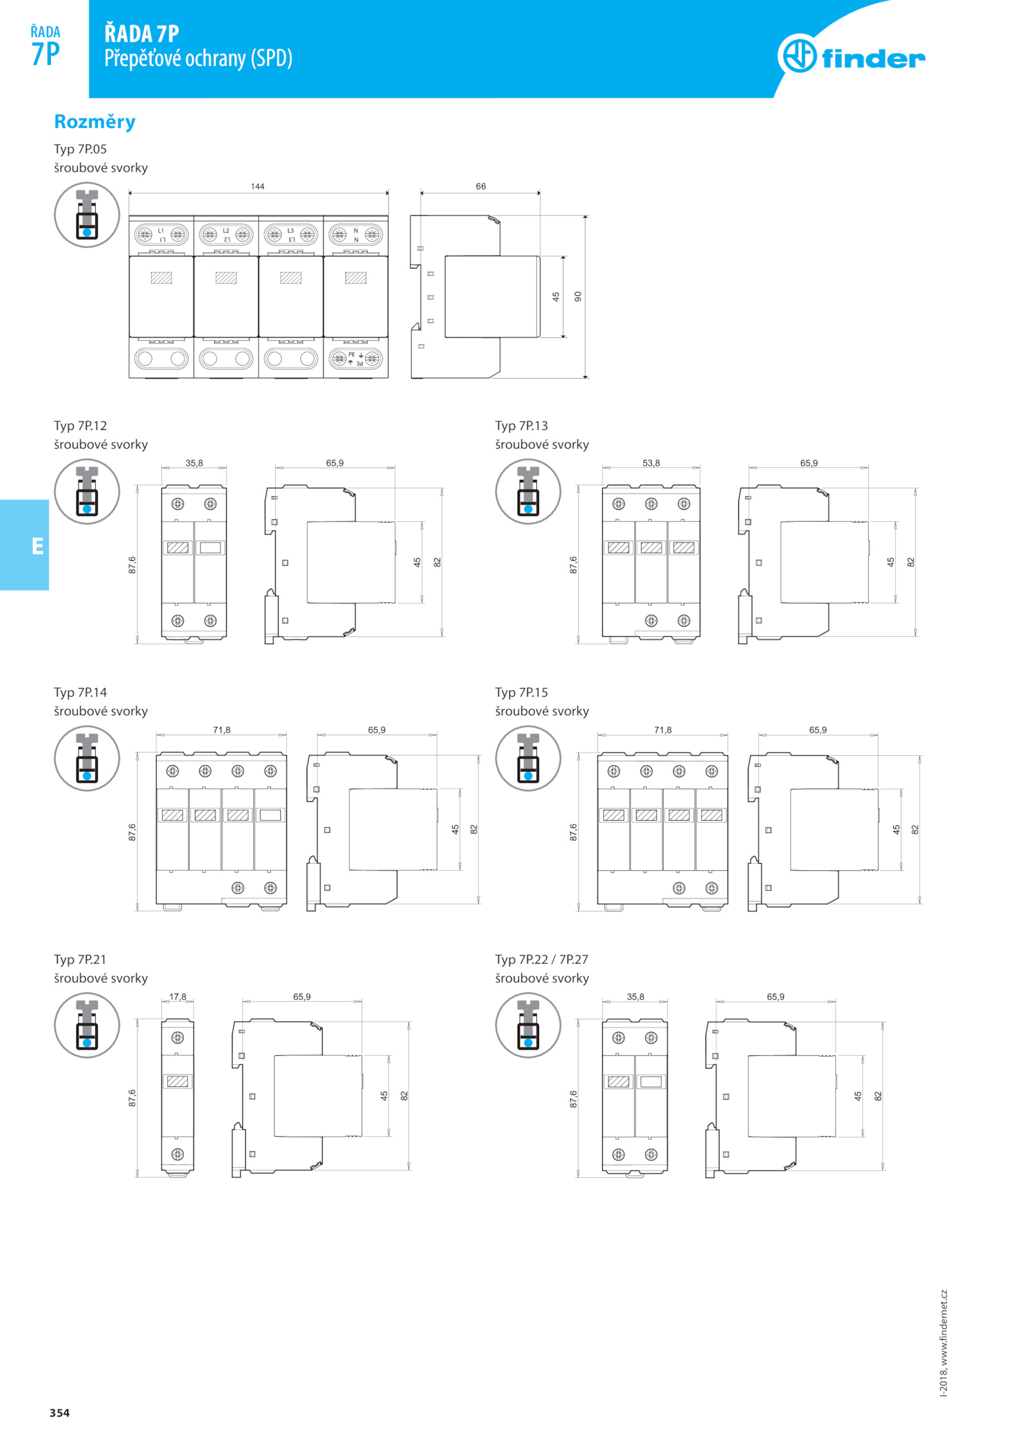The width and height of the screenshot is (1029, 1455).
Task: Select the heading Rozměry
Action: point(95,122)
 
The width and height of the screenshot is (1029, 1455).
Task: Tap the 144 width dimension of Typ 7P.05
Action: point(257,186)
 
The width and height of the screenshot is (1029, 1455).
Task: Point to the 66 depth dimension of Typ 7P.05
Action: point(480,186)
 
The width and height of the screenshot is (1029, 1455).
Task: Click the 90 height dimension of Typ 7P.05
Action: point(578,296)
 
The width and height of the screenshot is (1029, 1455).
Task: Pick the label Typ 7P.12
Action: point(80,425)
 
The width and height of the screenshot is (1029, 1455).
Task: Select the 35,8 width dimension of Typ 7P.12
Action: point(194,463)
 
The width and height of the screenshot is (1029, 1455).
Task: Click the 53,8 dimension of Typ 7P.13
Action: point(651,463)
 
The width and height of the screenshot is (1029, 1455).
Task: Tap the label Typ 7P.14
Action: point(80,692)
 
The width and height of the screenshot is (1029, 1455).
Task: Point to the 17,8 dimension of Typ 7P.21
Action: point(178,997)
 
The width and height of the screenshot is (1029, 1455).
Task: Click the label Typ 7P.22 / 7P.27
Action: point(542,959)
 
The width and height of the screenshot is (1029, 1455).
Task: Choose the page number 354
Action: point(59,1413)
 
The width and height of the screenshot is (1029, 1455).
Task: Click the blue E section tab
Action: point(24,545)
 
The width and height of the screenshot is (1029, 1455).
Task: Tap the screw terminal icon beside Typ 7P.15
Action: point(528,758)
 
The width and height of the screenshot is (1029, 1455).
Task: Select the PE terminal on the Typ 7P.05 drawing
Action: point(356,359)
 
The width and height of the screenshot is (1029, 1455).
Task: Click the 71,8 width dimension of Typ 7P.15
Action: point(662,729)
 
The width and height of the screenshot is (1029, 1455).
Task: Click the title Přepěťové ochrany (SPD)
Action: point(198,58)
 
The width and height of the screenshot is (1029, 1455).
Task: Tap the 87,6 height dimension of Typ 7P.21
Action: point(132,1098)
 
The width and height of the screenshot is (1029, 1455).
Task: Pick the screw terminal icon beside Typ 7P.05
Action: point(87,215)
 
